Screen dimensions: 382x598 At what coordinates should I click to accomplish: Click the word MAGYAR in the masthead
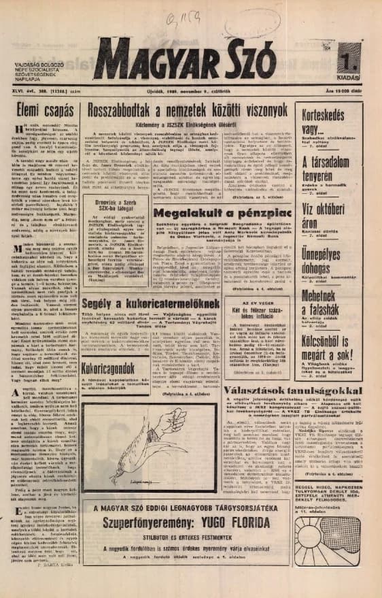pos(167,65)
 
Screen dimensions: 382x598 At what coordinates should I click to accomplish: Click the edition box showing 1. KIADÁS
pos(349,67)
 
